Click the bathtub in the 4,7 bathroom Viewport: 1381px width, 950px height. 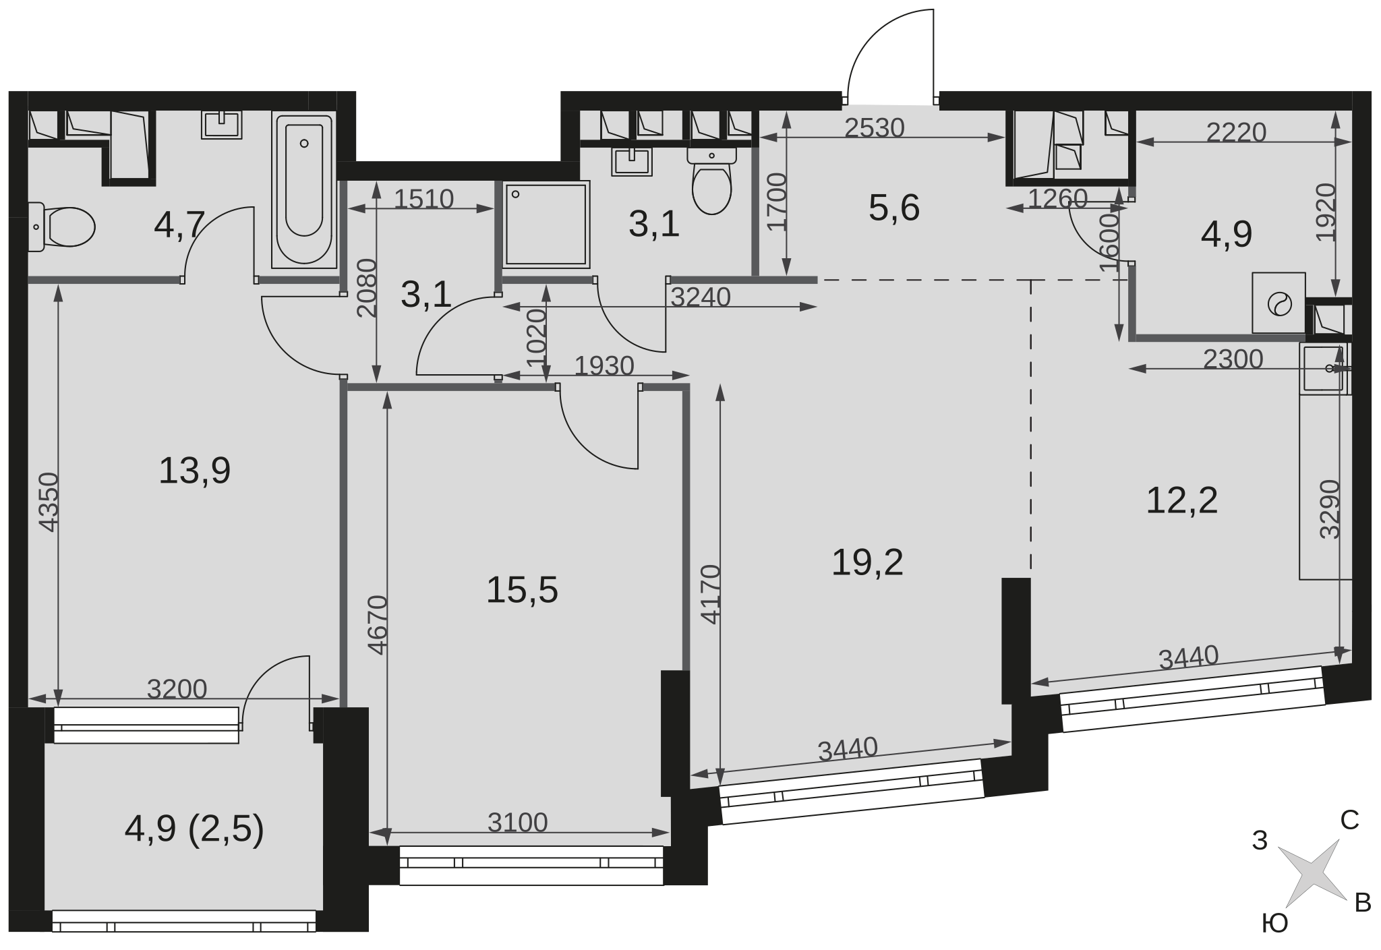click(303, 189)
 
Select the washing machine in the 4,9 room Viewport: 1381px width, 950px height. click(1279, 303)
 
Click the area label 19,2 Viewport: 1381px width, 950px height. click(867, 562)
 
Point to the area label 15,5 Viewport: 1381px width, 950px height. click(522, 590)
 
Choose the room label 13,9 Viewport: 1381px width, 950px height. click(194, 470)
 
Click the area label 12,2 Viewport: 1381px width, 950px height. click(1182, 500)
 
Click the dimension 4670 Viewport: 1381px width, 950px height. click(378, 624)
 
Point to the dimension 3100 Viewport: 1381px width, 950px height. click(517, 822)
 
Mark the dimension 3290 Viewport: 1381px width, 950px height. click(1330, 509)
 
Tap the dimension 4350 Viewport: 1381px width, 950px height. click(49, 502)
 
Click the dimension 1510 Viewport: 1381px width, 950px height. click(423, 199)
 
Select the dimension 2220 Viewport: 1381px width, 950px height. click(1236, 132)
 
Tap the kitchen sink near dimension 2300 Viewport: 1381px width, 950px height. click(1325, 368)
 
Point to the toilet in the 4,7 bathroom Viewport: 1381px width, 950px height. click(61, 227)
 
